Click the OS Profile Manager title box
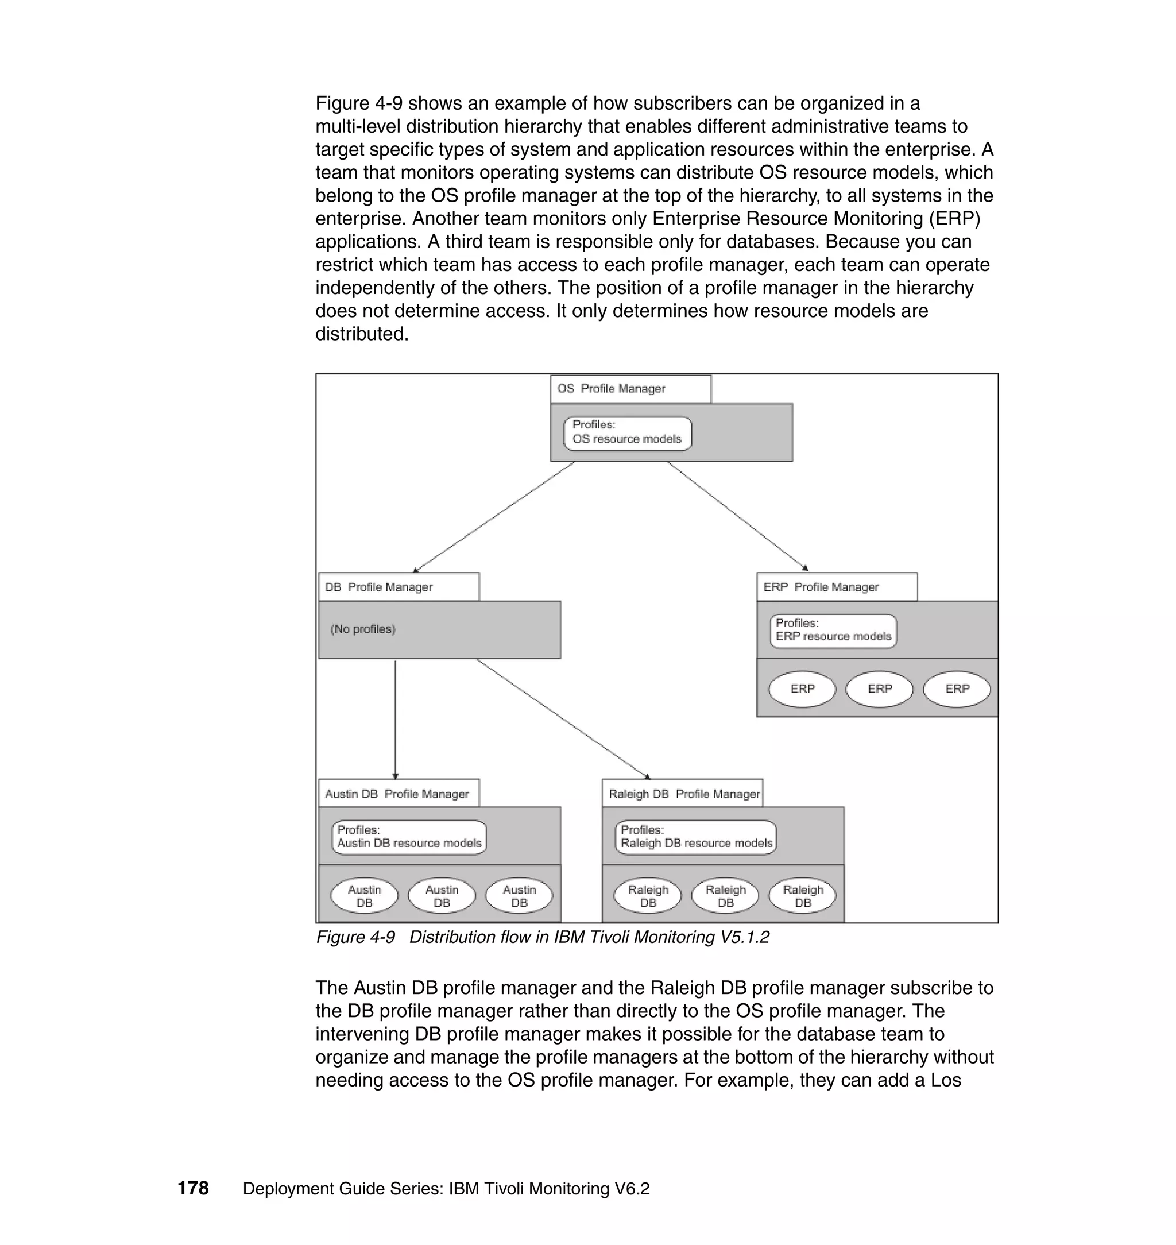630,389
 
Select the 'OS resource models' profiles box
628,432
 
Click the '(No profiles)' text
363,629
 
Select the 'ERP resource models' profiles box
833,630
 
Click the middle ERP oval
879,689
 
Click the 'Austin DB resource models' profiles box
409,837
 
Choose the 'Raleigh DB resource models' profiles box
695,837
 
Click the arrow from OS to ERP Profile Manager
738,516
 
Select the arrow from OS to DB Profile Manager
493,517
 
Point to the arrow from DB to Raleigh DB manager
563,718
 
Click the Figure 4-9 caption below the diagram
542,937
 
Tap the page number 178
193,1188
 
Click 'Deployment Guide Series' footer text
446,1189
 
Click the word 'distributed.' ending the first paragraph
362,334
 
